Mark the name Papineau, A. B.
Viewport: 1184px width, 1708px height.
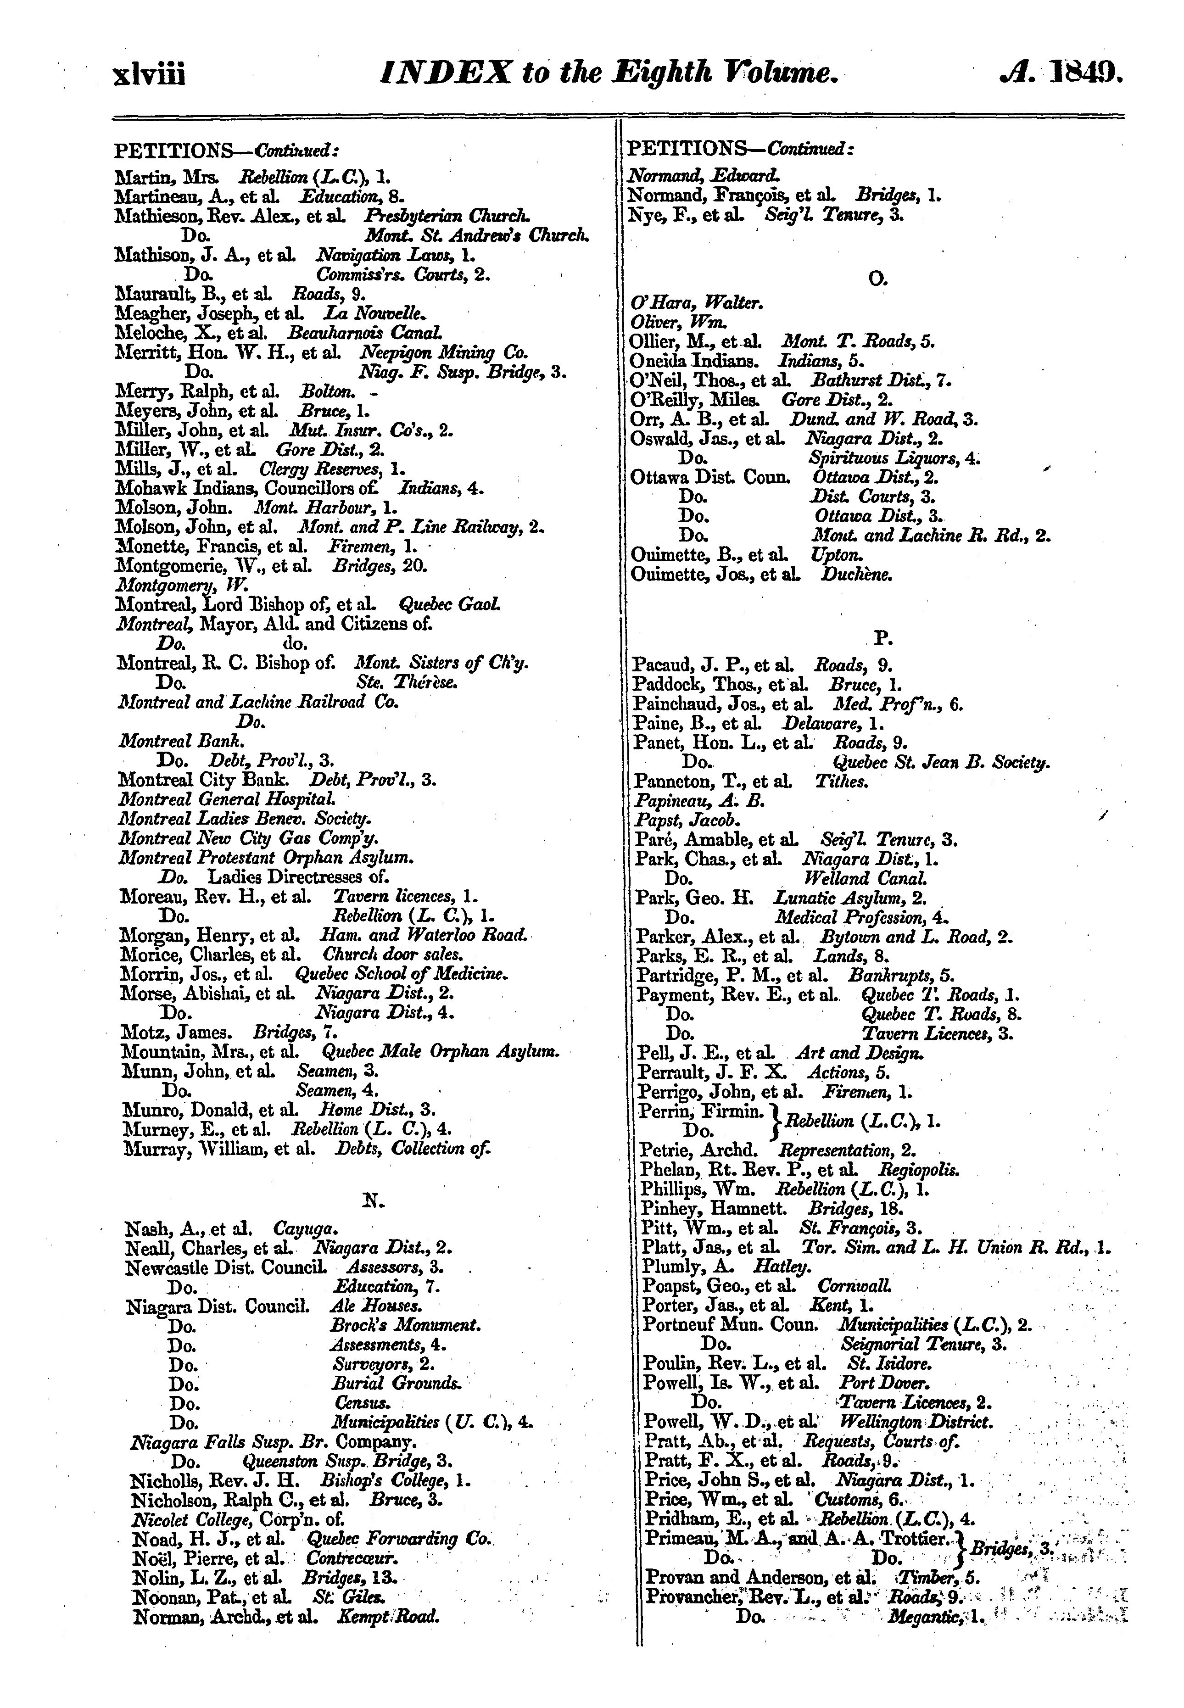(x=699, y=801)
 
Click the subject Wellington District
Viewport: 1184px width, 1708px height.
(x=915, y=1423)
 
